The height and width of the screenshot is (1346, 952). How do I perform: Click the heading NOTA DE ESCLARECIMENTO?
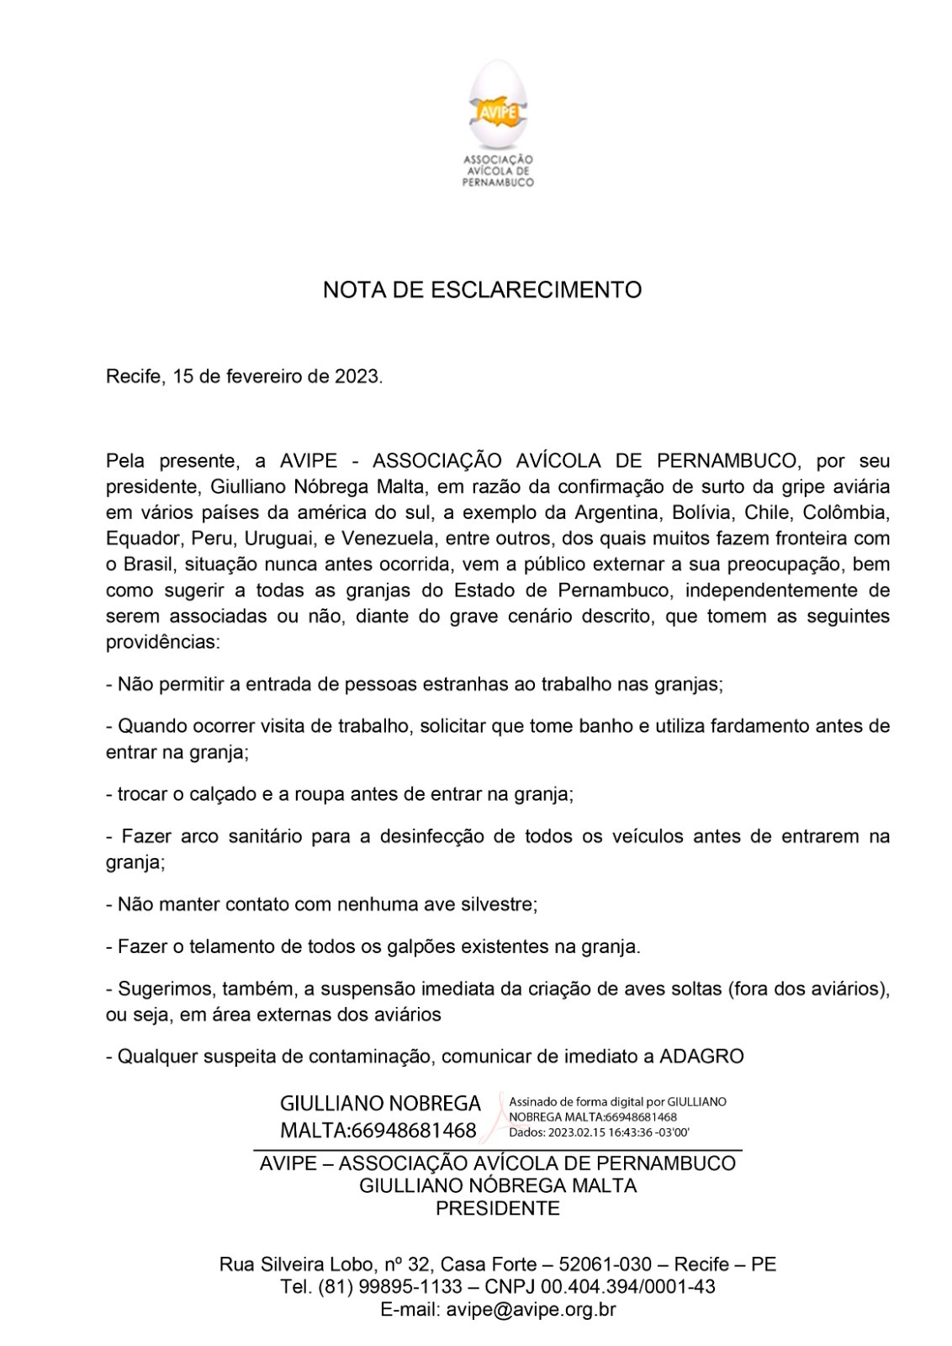482,290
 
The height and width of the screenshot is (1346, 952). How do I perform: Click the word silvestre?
495,904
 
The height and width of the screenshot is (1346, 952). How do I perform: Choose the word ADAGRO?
702,1056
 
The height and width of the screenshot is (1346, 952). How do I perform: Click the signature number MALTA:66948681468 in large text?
378,1130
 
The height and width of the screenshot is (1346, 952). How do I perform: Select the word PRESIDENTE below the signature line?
497,1209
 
